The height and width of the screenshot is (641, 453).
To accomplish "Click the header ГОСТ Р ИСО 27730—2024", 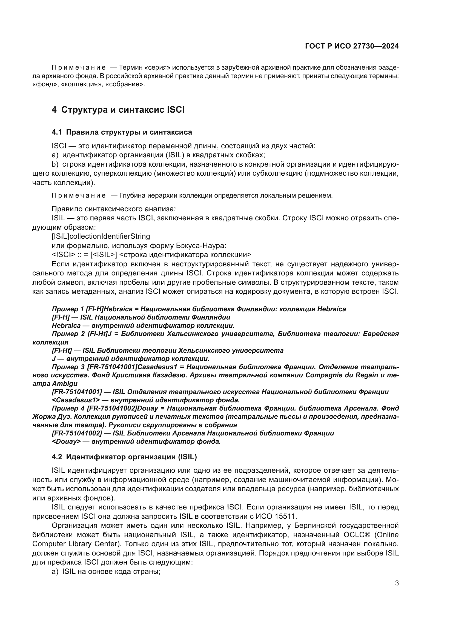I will (352, 46).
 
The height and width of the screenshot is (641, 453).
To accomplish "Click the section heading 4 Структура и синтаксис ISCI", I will (118, 110).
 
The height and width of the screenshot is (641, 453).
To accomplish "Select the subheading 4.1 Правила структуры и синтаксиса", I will (122, 132).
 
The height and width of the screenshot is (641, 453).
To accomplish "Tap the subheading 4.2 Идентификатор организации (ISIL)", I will (124, 457).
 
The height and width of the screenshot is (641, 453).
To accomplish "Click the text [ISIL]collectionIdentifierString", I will (101, 237).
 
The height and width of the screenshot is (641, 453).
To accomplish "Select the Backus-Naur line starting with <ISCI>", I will (151, 255).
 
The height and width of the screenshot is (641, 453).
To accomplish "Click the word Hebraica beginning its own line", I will (66, 326).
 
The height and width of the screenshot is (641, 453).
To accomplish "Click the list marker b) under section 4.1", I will (55, 164).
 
